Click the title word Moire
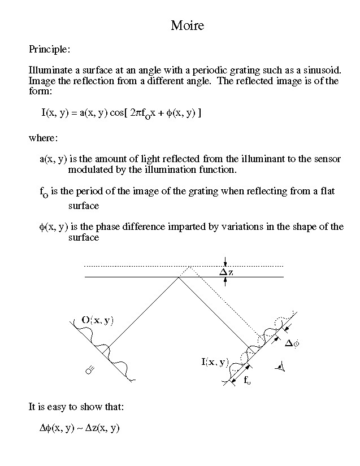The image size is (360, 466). pos(187,25)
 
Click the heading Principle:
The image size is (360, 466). pos(49,49)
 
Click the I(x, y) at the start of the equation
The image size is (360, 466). pos(55,112)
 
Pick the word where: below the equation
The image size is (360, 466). pos(43,138)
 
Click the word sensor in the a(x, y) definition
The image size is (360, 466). pos(327,159)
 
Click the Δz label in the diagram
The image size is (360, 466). pos(227,272)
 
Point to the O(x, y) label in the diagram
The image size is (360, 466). pos(97,320)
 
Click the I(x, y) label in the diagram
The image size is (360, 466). pos(214,362)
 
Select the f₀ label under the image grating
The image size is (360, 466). pos(247,381)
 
